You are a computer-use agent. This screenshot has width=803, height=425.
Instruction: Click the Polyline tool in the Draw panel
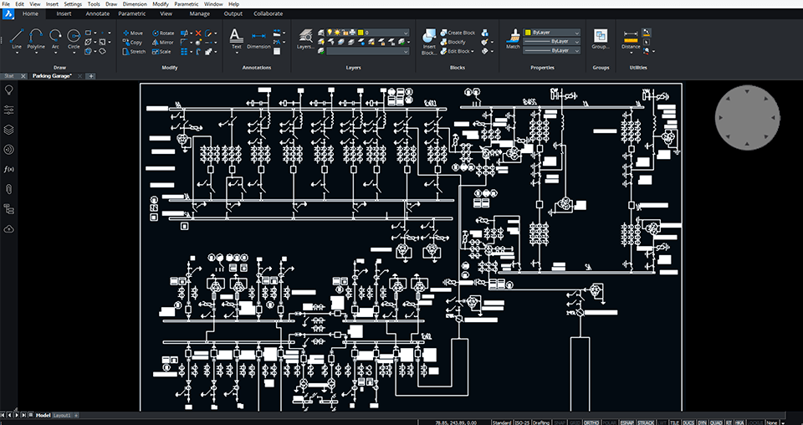[x=36, y=38]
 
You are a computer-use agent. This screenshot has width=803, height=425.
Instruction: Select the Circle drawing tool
[x=74, y=38]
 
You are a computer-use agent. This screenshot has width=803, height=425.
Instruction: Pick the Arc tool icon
[x=55, y=38]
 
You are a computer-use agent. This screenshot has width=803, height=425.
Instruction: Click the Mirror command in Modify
[x=163, y=42]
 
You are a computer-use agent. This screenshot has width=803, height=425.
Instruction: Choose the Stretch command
[x=133, y=51]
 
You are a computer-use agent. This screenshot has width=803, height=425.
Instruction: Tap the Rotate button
[x=163, y=33]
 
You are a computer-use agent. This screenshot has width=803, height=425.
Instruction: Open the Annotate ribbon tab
[x=98, y=13]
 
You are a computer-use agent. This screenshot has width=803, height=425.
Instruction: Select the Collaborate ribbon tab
[x=268, y=13]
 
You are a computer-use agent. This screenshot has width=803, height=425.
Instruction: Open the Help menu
[x=233, y=4]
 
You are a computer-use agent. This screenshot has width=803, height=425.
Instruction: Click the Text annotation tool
[x=236, y=38]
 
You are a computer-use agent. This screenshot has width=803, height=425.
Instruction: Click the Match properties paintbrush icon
[x=513, y=37]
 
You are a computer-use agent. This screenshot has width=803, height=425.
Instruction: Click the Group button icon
[x=600, y=37]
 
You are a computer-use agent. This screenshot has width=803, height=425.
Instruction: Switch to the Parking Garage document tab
[x=52, y=76]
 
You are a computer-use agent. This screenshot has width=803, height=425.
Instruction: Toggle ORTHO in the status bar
[x=591, y=422]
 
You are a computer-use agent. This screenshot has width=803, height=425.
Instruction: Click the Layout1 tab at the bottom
[x=63, y=415]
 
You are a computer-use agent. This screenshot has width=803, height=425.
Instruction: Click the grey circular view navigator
[x=747, y=119]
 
